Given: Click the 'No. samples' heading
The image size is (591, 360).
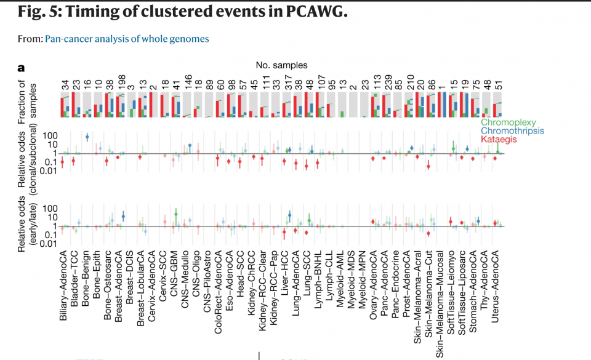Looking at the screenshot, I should coord(281,65).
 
